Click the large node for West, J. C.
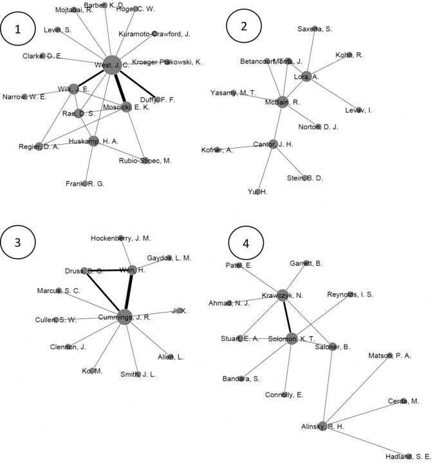tap(111, 64)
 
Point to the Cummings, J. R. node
tap(125, 316)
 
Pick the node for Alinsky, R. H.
tap(324, 426)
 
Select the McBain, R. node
tap(282, 101)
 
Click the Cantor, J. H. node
tap(273, 144)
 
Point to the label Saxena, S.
tap(315, 29)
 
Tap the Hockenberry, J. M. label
tap(120, 238)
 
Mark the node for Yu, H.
tap(257, 192)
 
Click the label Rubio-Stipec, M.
tap(145, 161)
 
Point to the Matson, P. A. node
tap(390, 355)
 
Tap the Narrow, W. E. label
tap(24, 97)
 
